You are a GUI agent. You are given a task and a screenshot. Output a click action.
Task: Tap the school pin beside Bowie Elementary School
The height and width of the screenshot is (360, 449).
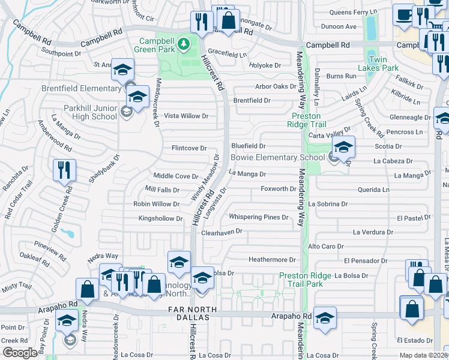tap(344, 146)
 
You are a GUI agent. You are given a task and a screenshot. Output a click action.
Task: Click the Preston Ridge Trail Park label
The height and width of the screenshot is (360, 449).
tap(304, 280)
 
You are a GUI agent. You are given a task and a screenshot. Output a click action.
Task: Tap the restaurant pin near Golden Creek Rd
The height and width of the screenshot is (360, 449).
tap(64, 170)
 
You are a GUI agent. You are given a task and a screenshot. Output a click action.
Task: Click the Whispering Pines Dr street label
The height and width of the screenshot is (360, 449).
tap(258, 217)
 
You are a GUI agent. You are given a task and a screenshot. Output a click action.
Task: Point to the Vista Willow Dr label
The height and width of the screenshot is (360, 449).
tap(186, 116)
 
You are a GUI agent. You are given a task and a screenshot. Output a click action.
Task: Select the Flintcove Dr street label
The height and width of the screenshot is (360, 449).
tap(189, 148)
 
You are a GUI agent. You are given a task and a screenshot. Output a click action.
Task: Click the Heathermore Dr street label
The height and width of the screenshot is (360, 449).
tap(273, 260)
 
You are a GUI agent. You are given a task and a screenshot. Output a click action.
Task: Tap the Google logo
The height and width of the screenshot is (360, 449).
tap(20, 353)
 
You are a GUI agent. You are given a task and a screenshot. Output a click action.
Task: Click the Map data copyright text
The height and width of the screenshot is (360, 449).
tap(423, 355)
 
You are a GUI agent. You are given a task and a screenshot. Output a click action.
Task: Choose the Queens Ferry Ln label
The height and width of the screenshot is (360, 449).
tap(349, 12)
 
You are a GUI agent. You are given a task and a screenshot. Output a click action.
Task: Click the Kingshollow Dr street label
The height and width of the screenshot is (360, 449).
tap(160, 219)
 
